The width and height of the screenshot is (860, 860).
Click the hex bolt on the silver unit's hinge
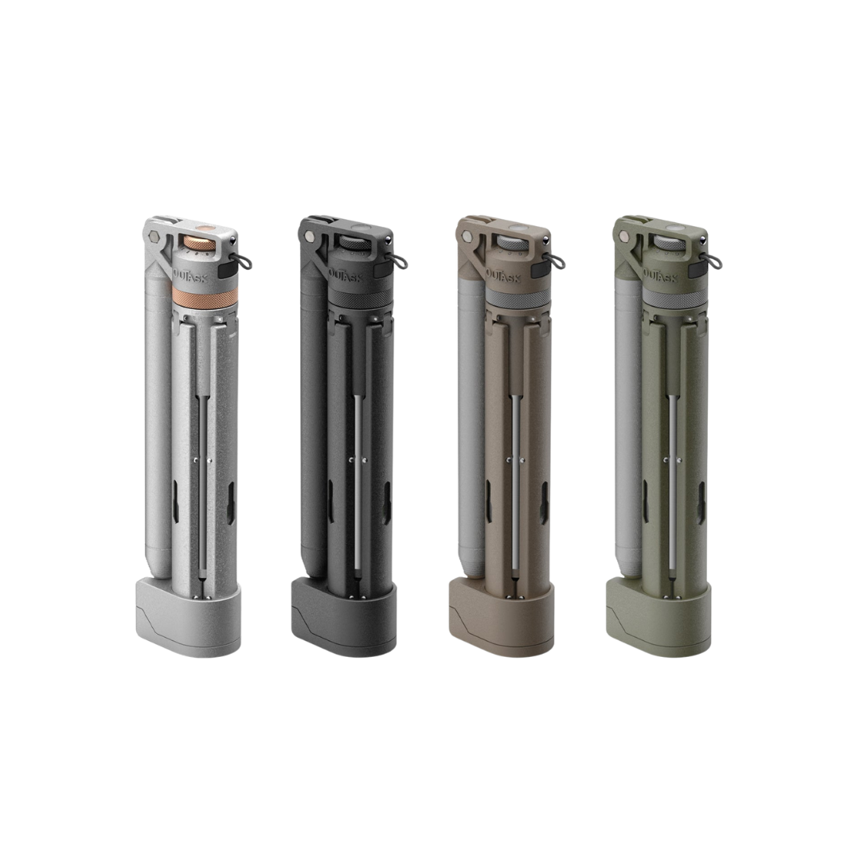[x=154, y=236]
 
